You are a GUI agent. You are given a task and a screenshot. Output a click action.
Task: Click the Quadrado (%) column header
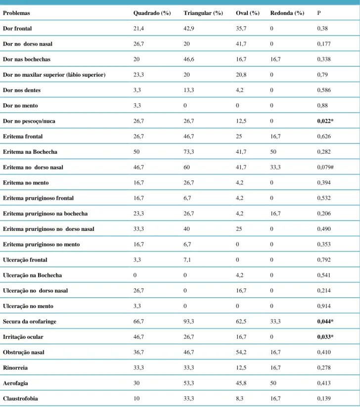point(152,13)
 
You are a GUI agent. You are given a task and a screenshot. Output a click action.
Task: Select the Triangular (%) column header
point(203,13)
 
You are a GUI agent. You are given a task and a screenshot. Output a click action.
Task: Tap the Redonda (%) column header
point(287,13)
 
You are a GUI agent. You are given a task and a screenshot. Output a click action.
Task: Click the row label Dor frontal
point(17,29)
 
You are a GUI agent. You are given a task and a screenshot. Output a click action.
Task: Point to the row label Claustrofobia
point(20,399)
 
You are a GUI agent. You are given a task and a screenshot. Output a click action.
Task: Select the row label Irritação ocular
point(23,337)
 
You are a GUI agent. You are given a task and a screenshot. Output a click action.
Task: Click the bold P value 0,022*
point(325,121)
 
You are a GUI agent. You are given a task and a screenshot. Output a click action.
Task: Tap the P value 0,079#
point(325,167)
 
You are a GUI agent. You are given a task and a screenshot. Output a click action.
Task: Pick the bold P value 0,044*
point(325,321)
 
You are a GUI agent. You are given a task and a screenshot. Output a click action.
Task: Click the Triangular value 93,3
point(189,321)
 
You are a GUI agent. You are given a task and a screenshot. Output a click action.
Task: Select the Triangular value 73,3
point(189,152)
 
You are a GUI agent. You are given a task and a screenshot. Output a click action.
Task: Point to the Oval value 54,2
point(241,352)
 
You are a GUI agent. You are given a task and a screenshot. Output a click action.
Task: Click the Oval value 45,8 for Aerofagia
point(241,383)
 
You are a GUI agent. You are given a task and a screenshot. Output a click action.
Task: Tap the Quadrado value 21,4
point(138,29)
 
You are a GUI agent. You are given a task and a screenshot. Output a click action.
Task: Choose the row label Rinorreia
point(15,368)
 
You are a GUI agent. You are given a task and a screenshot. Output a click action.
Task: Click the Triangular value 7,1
point(187,260)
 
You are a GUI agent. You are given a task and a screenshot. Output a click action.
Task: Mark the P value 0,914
point(324,306)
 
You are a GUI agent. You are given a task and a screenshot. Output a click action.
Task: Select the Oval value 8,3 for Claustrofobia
point(239,399)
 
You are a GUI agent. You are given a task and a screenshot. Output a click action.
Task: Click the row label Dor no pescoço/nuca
point(29,121)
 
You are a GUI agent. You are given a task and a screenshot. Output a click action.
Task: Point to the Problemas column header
point(16,13)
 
